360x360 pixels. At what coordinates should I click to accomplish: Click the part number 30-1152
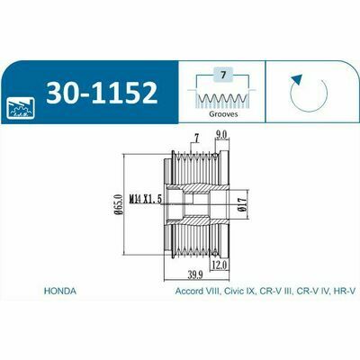102,93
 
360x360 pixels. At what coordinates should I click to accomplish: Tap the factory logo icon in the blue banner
21,107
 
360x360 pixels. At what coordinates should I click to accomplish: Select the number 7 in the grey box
222,75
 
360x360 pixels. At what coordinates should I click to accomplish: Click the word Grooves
223,114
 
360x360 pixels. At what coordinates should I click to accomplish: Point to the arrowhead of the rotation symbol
296,80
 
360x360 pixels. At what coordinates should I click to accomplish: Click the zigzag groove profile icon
222,98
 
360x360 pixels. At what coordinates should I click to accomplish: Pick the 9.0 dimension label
222,135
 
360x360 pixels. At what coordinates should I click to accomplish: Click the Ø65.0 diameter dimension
120,204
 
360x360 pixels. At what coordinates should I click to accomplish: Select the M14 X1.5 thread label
146,199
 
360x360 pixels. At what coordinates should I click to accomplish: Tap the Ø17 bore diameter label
244,204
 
